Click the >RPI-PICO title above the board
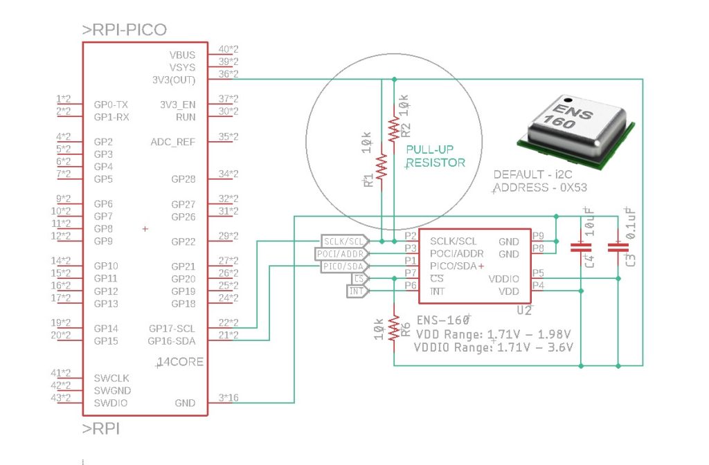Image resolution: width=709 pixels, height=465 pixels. tap(125, 30)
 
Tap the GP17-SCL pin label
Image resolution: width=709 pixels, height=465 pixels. tap(172, 329)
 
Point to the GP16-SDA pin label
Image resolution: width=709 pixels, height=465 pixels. tap(172, 341)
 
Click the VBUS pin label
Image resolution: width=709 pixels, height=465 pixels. tap(182, 55)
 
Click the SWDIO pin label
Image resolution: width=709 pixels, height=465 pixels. tap(110, 403)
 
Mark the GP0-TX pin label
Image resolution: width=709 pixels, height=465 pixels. tap(111, 104)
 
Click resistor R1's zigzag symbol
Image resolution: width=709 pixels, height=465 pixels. tap(382, 166)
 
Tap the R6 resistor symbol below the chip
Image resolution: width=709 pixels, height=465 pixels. tap(394, 326)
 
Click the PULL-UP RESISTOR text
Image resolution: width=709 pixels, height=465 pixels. tap(435, 156)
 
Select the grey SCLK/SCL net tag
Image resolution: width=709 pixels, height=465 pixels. tap(343, 241)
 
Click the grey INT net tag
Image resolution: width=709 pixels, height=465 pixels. tap(356, 291)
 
